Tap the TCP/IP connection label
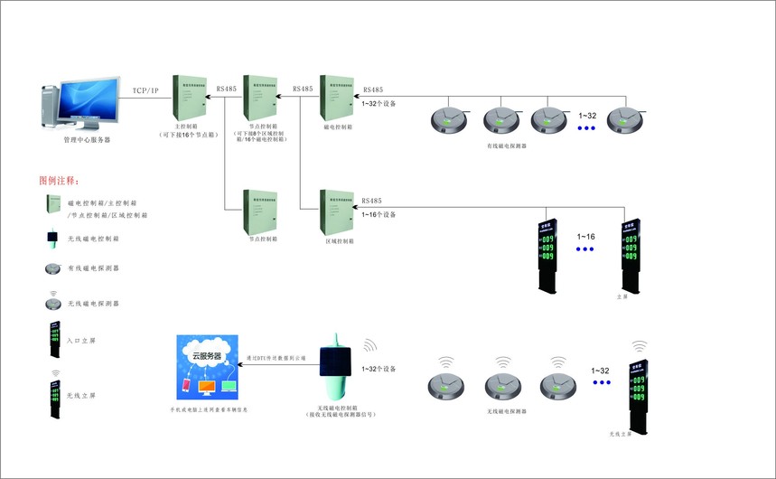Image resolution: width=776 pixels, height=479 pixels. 145,90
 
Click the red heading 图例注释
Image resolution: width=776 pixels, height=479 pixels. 66,181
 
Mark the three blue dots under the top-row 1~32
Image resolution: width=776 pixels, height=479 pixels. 587,129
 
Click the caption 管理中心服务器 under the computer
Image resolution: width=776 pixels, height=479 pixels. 87,139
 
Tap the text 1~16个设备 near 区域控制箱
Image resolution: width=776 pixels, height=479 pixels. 379,213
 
